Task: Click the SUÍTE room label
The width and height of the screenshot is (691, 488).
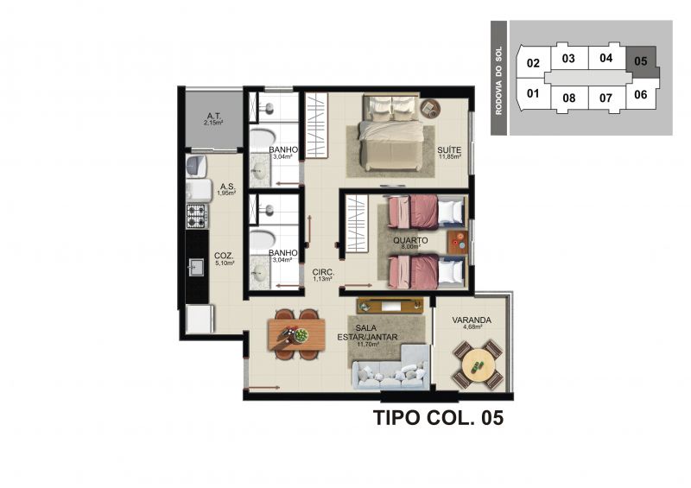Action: click(x=449, y=150)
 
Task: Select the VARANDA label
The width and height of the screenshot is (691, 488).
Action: click(x=472, y=320)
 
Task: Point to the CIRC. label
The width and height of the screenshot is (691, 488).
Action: click(x=323, y=272)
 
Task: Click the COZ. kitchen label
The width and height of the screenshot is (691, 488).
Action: click(x=224, y=256)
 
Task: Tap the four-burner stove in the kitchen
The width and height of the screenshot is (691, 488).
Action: click(x=197, y=216)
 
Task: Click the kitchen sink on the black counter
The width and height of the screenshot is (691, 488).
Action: click(x=196, y=267)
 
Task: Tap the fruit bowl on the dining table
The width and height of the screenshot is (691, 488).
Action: click(x=301, y=335)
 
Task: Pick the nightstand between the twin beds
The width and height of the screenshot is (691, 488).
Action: click(x=458, y=243)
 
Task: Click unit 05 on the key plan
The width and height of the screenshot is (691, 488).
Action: click(x=641, y=60)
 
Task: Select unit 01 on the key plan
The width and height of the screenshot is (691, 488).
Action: click(x=533, y=94)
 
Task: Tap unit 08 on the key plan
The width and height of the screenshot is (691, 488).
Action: click(x=569, y=98)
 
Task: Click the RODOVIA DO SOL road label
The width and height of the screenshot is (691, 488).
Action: click(x=499, y=80)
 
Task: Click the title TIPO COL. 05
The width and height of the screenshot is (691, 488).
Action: click(x=439, y=417)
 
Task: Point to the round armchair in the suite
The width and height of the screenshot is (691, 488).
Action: click(x=430, y=109)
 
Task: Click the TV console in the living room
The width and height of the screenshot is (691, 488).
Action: click(x=390, y=305)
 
